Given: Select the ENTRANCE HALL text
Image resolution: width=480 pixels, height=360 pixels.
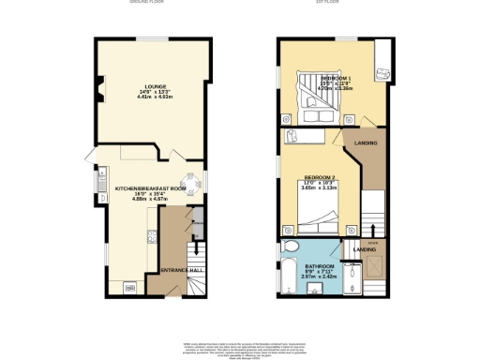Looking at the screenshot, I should [182, 270].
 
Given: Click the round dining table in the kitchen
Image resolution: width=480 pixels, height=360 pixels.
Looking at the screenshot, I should [192, 183].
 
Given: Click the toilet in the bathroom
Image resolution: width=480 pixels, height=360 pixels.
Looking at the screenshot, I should [290, 247].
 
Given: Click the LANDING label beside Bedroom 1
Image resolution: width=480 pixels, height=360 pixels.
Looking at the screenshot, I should [367, 142].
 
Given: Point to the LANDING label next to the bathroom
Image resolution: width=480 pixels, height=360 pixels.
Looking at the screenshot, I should [365, 249].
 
